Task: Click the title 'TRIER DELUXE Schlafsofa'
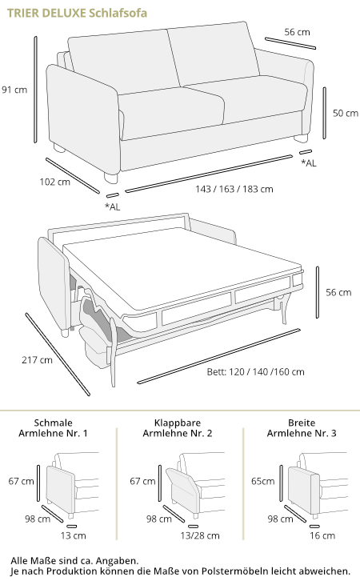coord(77,13)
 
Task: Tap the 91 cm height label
coord(14,90)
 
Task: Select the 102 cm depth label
coord(55,182)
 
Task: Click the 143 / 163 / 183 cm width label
coord(234,189)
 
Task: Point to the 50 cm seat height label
coord(345,113)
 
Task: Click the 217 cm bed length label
coord(37,360)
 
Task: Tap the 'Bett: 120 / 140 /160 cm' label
coord(255,371)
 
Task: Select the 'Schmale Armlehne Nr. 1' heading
coord(53,428)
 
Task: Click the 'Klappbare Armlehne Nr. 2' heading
coord(178,428)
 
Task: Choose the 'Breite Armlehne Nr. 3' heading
coord(302,428)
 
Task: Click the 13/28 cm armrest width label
coord(200,535)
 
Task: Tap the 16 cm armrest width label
coord(322,535)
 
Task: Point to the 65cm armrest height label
coord(263,481)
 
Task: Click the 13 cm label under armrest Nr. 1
coord(74,535)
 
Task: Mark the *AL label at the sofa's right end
coord(309,163)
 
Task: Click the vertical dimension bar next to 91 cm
coord(35,90)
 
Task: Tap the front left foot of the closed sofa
coord(110,178)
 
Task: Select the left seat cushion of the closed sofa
coord(171,108)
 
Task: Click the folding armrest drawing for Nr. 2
coord(184,491)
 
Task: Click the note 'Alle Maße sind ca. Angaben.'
coord(74,561)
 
